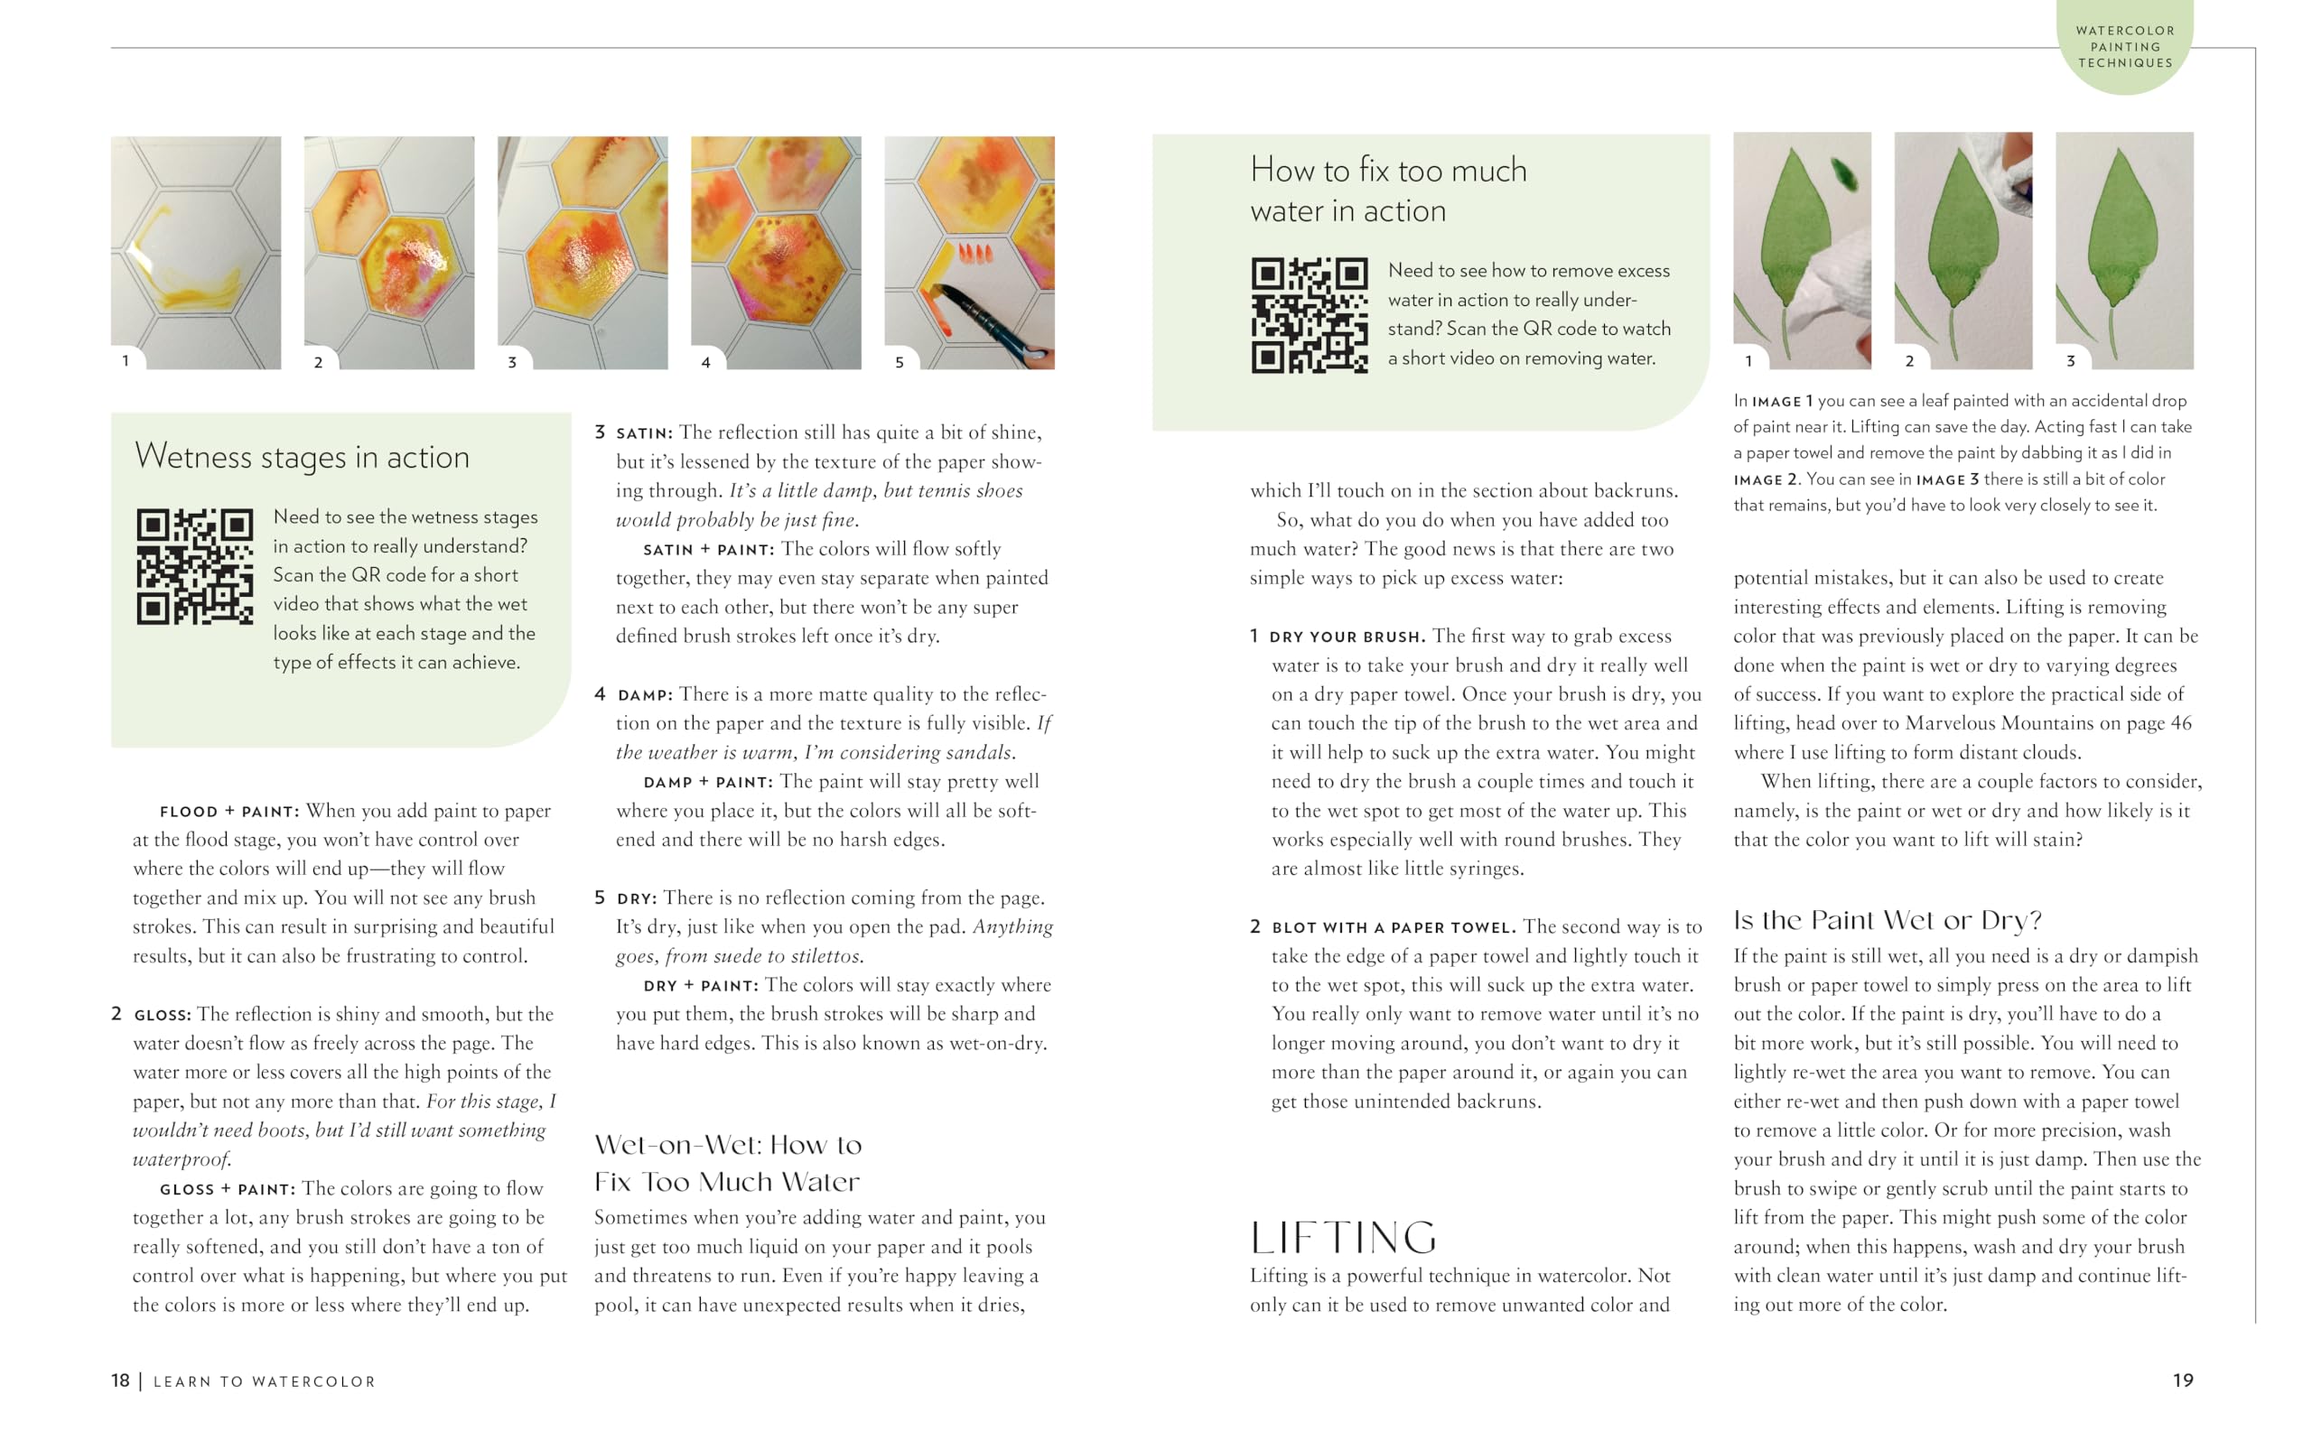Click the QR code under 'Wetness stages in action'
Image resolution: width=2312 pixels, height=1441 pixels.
pyautogui.click(x=194, y=566)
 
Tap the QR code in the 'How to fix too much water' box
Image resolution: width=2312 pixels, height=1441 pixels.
pyautogui.click(x=1310, y=315)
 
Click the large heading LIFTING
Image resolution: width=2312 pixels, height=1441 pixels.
pyautogui.click(x=1343, y=1238)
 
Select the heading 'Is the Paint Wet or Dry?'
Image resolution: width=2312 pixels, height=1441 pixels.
pyautogui.click(x=1887, y=921)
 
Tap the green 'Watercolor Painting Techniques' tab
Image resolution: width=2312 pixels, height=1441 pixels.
pyautogui.click(x=2124, y=47)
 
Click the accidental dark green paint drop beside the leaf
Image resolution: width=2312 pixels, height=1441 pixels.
pyautogui.click(x=1845, y=174)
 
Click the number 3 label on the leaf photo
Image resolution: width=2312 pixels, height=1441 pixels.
pyautogui.click(x=2070, y=361)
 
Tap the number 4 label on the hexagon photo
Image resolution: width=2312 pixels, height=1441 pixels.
pyautogui.click(x=705, y=362)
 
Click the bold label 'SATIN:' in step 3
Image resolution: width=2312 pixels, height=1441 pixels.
pyautogui.click(x=644, y=433)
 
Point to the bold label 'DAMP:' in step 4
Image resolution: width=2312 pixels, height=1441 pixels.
pyautogui.click(x=645, y=696)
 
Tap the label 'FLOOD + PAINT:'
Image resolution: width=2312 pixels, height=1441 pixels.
pyautogui.click(x=229, y=812)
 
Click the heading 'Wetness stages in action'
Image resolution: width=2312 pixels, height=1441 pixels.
pyautogui.click(x=303, y=457)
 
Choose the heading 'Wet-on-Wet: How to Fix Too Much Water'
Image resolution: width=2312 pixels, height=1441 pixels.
pyautogui.click(x=727, y=1164)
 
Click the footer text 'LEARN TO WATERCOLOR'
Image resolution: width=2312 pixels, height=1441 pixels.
pyautogui.click(x=265, y=1382)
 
